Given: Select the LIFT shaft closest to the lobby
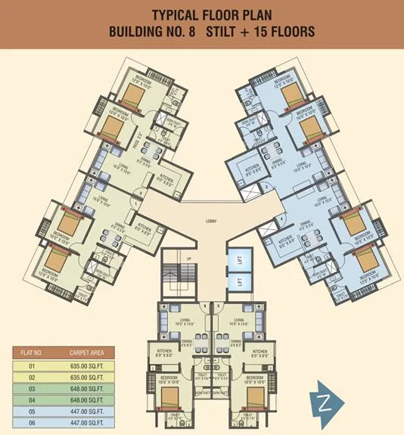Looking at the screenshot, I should [238, 259].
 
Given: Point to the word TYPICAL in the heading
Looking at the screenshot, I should [176, 15].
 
